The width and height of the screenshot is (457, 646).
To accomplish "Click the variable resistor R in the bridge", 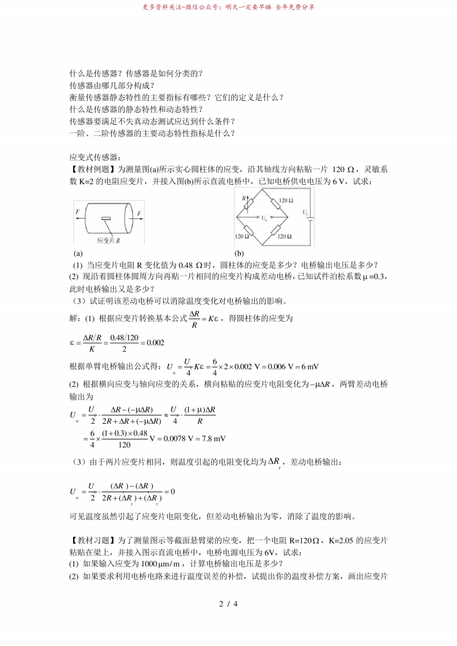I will [x=249, y=203].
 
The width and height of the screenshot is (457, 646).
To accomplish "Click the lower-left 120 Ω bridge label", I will [x=241, y=236].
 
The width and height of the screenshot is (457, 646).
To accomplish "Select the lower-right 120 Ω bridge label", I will [x=286, y=236].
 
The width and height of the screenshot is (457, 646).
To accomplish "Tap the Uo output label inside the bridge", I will [x=264, y=218].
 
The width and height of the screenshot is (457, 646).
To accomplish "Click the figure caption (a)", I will [x=78, y=253].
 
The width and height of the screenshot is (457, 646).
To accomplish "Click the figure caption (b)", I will [x=239, y=253].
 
